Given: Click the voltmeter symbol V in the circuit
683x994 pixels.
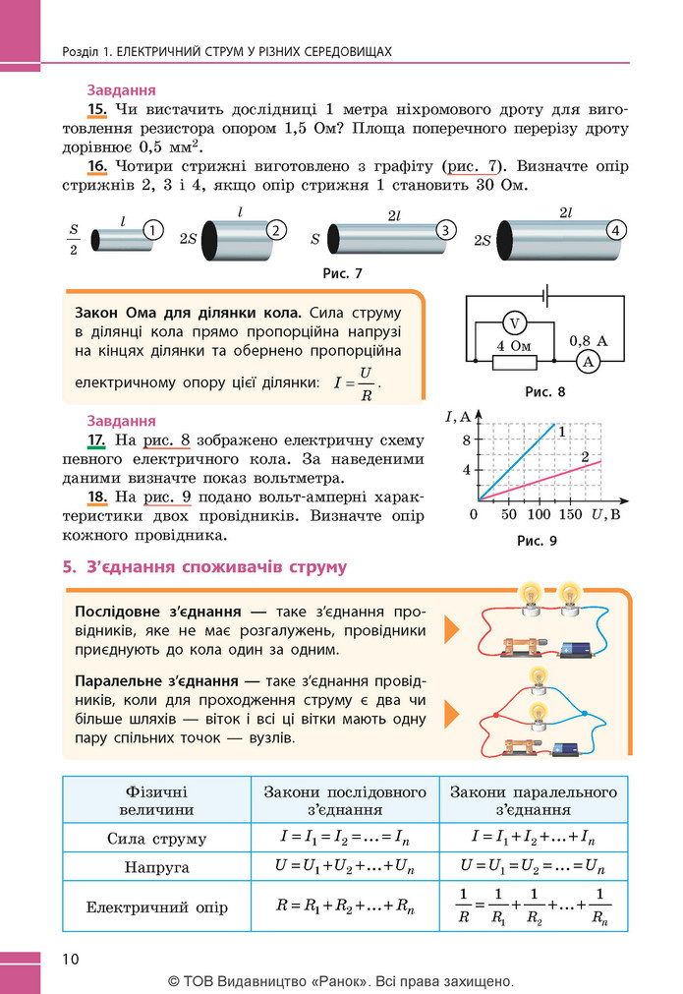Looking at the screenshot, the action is pyautogui.click(x=515, y=323).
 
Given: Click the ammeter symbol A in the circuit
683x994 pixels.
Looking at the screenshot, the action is pyautogui.click(x=589, y=362).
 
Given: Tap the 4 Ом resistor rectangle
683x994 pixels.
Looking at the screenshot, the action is pyautogui.click(x=515, y=362).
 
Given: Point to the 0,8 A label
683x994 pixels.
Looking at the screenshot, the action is pyautogui.click(x=588, y=341).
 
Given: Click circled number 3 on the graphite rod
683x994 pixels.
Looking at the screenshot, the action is pyautogui.click(x=446, y=230).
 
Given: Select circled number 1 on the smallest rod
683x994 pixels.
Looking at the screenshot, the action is pyautogui.click(x=152, y=229).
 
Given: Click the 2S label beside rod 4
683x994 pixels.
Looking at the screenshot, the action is pyautogui.click(x=483, y=241).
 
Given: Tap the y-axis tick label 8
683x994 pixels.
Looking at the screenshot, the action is pyautogui.click(x=467, y=439).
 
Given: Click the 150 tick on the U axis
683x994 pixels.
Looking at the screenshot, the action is pyautogui.click(x=570, y=514).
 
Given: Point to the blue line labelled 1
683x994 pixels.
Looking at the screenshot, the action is pyautogui.click(x=516, y=461).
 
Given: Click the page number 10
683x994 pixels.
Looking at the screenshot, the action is pyautogui.click(x=71, y=959).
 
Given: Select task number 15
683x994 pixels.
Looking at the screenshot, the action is pyautogui.click(x=97, y=109).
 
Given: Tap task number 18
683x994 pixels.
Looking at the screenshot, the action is pyautogui.click(x=97, y=497).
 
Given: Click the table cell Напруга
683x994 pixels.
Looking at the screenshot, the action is pyautogui.click(x=156, y=866).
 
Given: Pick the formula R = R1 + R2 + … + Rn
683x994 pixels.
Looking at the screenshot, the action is pyautogui.click(x=345, y=906).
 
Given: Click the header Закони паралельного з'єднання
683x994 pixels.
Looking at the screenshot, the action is pyautogui.click(x=534, y=800).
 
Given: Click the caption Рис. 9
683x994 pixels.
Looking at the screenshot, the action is pyautogui.click(x=537, y=541).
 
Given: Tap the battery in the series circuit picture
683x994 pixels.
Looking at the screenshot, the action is pyautogui.click(x=575, y=649).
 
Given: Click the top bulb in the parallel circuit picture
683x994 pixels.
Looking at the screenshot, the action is pyautogui.click(x=538, y=678).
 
